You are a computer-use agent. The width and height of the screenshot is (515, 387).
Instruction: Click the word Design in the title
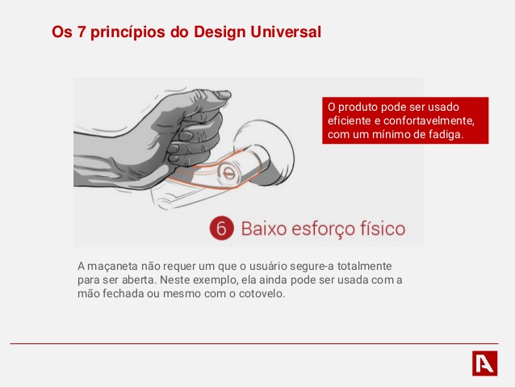(220, 32)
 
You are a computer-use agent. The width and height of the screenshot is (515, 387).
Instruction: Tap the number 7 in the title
(82, 32)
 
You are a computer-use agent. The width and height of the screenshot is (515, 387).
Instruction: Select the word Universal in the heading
(286, 32)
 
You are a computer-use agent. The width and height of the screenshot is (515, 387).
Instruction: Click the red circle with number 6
(222, 228)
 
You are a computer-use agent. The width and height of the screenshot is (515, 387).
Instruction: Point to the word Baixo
(264, 229)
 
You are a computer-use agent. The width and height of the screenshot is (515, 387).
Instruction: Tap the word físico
(383, 228)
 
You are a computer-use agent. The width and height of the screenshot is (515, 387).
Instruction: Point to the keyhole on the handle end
(229, 173)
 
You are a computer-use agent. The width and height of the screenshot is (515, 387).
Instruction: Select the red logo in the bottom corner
(485, 363)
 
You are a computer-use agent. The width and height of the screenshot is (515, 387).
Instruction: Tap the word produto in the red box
(358, 107)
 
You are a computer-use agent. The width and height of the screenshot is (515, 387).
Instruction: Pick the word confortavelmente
(429, 121)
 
